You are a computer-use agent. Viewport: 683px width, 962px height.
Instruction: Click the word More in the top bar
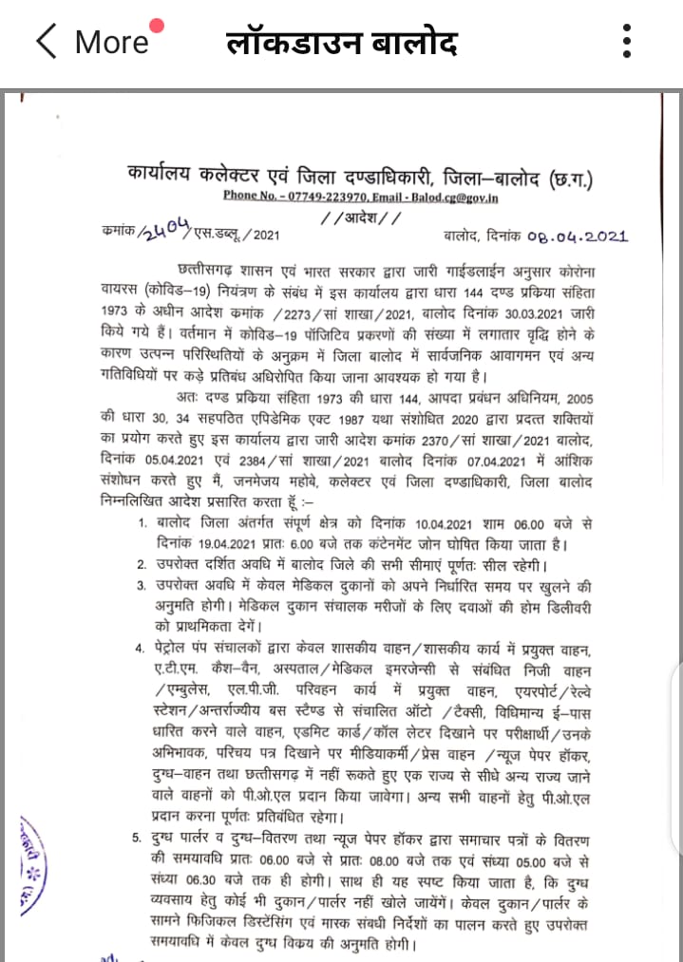(111, 42)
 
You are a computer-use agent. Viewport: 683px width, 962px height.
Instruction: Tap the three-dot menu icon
(626, 42)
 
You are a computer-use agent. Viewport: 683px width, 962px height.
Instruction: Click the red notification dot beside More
(157, 26)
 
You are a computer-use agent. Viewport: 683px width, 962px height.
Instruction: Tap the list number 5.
(139, 835)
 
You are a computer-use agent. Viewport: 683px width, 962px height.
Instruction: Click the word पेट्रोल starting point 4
(180, 650)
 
